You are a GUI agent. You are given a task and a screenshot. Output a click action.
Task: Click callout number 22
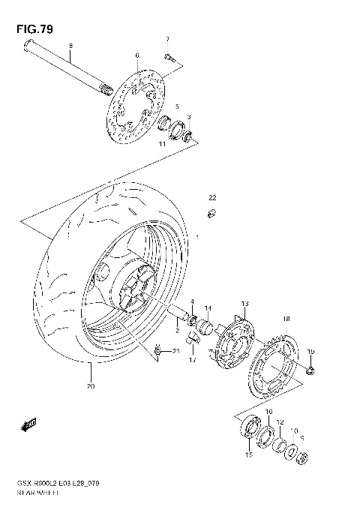(x=212, y=197)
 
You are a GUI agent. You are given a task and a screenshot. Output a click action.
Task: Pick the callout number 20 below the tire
(x=90, y=386)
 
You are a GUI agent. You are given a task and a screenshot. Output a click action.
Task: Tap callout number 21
(x=177, y=350)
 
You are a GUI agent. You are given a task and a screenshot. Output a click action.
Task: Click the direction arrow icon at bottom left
(x=29, y=425)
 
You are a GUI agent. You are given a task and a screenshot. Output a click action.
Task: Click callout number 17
(x=192, y=359)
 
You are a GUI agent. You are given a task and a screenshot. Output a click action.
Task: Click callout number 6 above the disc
(x=137, y=55)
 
